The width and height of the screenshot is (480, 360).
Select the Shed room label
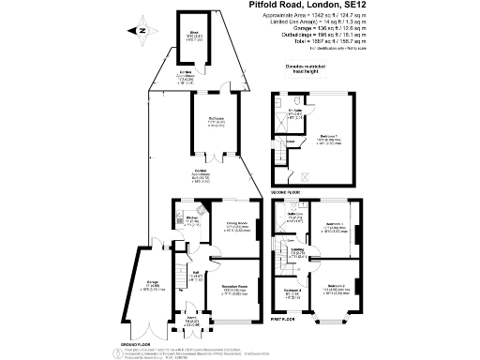click(x=194, y=36)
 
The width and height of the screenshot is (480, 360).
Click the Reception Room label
click(x=233, y=291)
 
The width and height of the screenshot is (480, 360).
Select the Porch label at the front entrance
click(x=191, y=320)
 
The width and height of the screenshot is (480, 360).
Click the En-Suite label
click(x=295, y=112)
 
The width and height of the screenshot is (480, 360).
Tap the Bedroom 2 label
click(x=338, y=288)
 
